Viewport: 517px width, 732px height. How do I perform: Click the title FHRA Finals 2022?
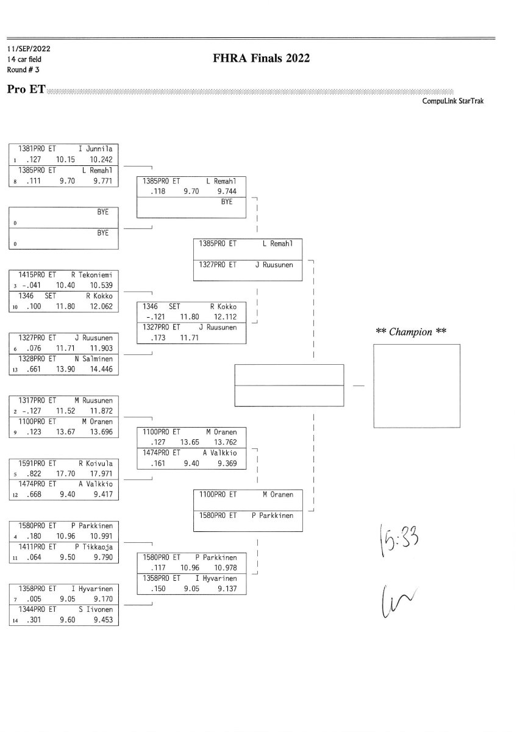click(x=262, y=59)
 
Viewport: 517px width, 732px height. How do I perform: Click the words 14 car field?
click(x=24, y=59)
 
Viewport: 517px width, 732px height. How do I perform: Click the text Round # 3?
click(x=23, y=70)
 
